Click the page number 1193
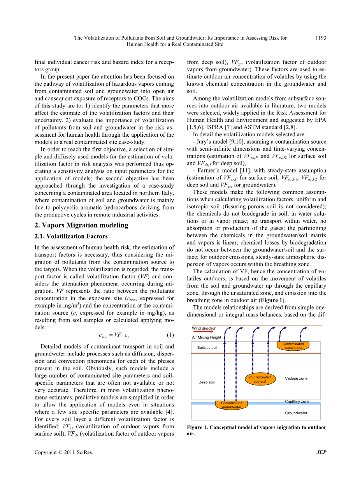(321, 38)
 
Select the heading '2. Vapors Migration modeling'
(81, 225)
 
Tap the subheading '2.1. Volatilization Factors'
(71, 236)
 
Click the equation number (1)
(170, 335)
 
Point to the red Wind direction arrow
(203, 332)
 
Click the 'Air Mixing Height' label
(206, 338)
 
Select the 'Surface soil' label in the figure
(207, 348)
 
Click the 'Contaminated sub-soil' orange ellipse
(260, 380)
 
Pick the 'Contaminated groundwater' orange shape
(232, 405)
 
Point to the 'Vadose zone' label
(296, 378)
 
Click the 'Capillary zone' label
(297, 402)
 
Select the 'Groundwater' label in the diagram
(296, 413)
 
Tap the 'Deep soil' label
(206, 382)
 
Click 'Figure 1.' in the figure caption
(197, 427)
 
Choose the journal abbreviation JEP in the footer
(321, 452)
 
